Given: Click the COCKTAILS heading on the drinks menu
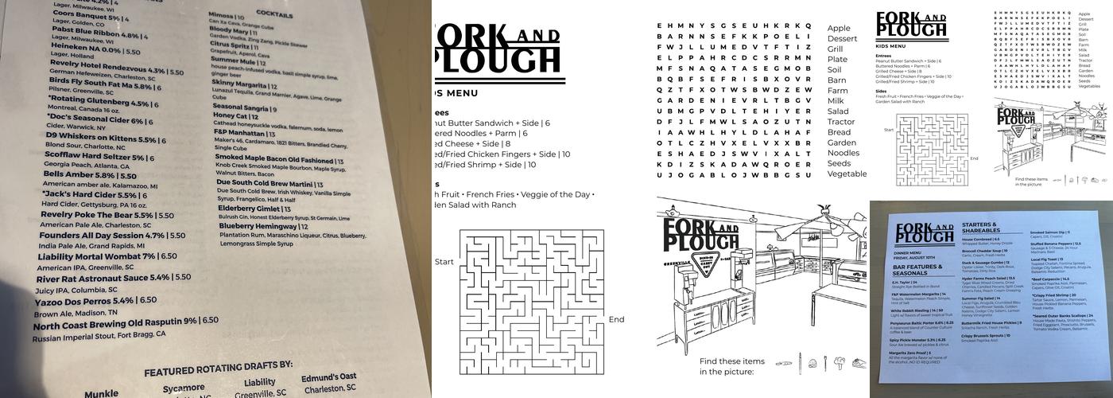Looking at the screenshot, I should pyautogui.click(x=273, y=14).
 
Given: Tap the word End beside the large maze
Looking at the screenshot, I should pyautogui.click(x=616, y=320).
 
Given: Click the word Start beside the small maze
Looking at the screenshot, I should pyautogui.click(x=888, y=129).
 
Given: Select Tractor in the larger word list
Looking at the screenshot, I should pyautogui.click(x=842, y=122).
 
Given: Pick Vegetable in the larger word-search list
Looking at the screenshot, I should pyautogui.click(x=847, y=174).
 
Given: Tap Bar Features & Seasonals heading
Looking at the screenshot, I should pyautogui.click(x=917, y=270).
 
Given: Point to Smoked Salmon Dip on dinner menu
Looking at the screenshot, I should pyautogui.click(x=1050, y=232).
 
